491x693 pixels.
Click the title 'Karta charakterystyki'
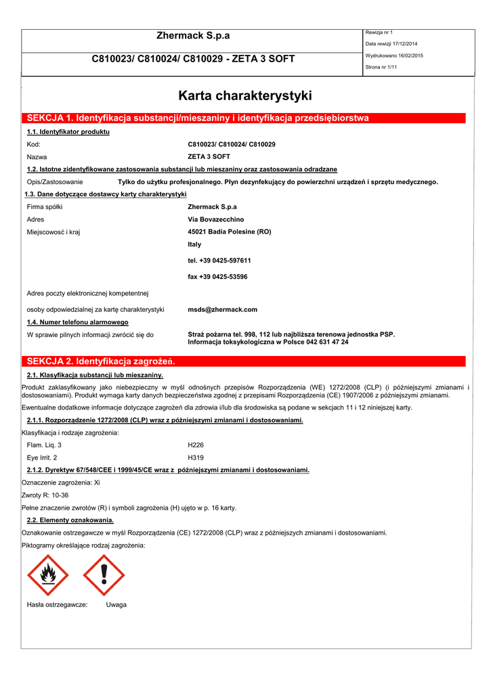click(244, 95)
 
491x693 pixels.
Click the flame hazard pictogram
click(47, 575)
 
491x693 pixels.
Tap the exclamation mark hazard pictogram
click(104, 575)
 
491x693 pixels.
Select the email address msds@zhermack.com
click(222, 309)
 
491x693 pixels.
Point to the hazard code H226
click(195, 445)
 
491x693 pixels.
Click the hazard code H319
click(195, 457)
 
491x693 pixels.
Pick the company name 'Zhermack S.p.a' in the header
click(193, 36)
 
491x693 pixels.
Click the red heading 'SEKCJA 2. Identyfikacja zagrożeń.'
click(101, 361)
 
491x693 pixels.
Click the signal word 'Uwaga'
click(116, 604)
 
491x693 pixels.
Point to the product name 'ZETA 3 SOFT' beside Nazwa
click(209, 156)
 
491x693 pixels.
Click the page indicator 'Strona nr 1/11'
click(382, 67)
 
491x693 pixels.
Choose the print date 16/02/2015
click(408, 55)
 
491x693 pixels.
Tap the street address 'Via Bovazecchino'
click(215, 219)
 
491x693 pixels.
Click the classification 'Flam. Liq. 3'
click(43, 445)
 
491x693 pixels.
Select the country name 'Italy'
click(194, 244)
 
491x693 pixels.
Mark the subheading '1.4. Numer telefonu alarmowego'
click(77, 322)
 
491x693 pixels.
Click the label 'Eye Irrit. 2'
click(41, 457)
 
